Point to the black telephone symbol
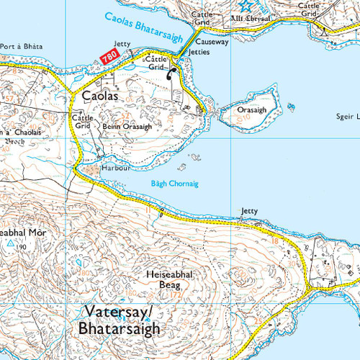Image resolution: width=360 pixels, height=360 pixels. point(171,72)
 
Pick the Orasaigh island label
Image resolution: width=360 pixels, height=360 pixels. point(252,110)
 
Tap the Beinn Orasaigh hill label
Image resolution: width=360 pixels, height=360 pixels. point(127,127)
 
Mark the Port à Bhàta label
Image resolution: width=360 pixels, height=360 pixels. point(21,46)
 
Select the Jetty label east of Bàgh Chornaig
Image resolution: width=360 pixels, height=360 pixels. point(248,211)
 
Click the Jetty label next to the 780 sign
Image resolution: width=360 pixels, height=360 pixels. point(122,44)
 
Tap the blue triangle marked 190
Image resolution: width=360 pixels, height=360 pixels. point(10,243)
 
